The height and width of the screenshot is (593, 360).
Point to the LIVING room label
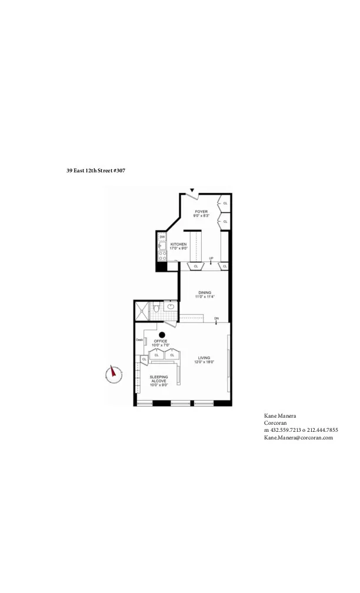point(204,359)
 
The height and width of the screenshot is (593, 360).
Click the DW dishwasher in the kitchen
point(162,237)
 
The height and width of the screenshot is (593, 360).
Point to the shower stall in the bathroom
point(142,311)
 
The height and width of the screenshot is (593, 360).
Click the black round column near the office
point(160,335)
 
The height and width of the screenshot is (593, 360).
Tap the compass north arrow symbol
point(114,374)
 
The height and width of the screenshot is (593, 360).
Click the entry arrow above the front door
point(192,190)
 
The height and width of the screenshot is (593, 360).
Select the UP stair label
point(211,258)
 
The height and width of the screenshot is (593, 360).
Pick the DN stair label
point(216,318)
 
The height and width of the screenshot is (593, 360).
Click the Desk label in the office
point(139,339)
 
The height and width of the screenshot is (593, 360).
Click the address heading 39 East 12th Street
point(96,171)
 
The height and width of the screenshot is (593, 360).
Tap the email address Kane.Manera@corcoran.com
point(298,437)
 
